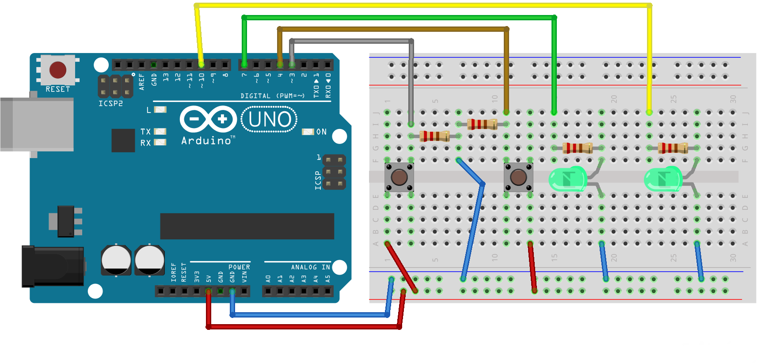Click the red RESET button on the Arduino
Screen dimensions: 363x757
[58, 70]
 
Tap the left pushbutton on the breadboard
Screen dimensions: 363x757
[399, 177]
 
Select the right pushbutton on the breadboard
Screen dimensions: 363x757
[518, 177]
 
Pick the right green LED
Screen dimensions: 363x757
[663, 179]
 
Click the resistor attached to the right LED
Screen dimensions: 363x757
[673, 148]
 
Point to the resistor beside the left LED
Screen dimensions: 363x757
[577, 148]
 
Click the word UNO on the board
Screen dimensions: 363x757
[270, 120]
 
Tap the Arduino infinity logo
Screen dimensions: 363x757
[208, 119]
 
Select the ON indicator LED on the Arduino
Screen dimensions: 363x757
[308, 132]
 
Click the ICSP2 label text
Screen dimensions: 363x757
[110, 103]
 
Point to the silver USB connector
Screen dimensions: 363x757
[37, 125]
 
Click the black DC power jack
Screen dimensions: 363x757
[53, 266]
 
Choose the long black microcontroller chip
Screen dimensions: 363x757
[247, 226]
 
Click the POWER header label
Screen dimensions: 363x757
[239, 267]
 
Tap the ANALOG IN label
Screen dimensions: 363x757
[310, 267]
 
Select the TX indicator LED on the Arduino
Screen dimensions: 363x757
[160, 132]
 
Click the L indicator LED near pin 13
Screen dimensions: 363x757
[160, 110]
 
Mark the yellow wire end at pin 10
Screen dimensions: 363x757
[201, 64]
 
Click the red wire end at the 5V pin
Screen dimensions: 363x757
[209, 291]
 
